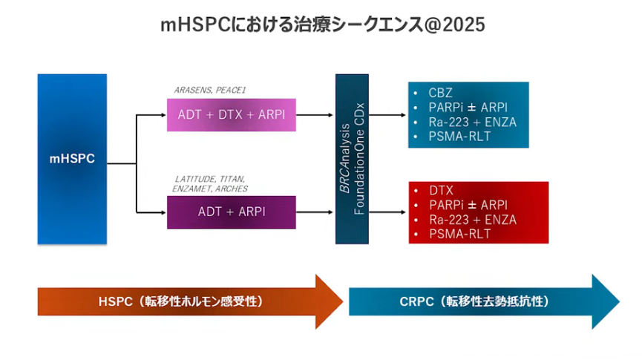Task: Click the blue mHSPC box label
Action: coord(72,159)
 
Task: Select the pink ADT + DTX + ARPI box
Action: coord(232,114)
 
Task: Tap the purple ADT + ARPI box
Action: coord(232,212)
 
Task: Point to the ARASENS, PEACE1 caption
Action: coord(209,90)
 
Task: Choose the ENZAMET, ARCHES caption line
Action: coord(209,189)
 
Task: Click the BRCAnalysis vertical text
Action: coord(344,158)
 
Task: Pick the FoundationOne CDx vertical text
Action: coord(359,159)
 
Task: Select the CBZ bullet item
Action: coord(440,93)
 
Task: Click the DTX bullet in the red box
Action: coord(441,191)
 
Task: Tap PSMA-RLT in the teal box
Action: coord(459,137)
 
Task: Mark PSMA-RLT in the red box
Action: coord(460,234)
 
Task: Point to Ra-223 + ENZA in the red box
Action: coord(473,220)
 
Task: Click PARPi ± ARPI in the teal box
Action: coord(468,108)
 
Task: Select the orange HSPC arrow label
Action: coord(180,302)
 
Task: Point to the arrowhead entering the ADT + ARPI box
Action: coord(163,212)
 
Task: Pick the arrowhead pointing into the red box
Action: coord(403,212)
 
